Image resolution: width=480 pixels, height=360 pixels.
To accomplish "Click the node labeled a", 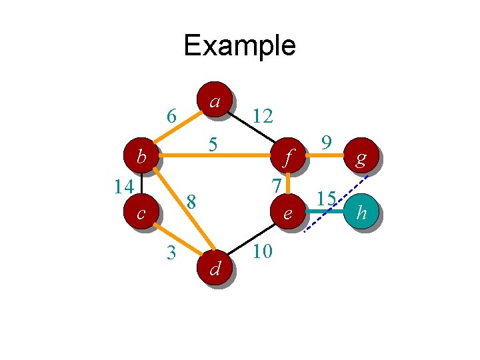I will click(x=213, y=100).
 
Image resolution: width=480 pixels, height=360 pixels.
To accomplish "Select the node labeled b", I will click(x=141, y=158).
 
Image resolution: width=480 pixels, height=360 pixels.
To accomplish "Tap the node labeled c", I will click(x=141, y=213).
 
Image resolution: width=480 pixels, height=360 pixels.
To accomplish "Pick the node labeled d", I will click(x=215, y=268).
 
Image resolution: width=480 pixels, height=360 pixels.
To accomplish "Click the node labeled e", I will click(x=287, y=213).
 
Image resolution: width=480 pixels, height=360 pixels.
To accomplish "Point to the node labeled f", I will click(x=287, y=159).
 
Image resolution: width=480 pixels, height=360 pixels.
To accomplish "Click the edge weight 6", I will click(x=171, y=117).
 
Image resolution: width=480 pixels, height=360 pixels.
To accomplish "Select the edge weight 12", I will click(x=263, y=117).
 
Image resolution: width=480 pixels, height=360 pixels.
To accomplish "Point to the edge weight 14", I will click(x=123, y=186).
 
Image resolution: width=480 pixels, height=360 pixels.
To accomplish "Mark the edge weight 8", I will click(x=191, y=200).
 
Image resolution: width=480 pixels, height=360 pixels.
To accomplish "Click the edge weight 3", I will click(x=171, y=252).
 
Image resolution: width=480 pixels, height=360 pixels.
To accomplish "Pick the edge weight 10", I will click(x=263, y=252).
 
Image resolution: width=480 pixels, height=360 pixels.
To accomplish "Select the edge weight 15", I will click(x=325, y=198).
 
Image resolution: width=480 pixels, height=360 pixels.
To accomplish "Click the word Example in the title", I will click(x=239, y=45).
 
